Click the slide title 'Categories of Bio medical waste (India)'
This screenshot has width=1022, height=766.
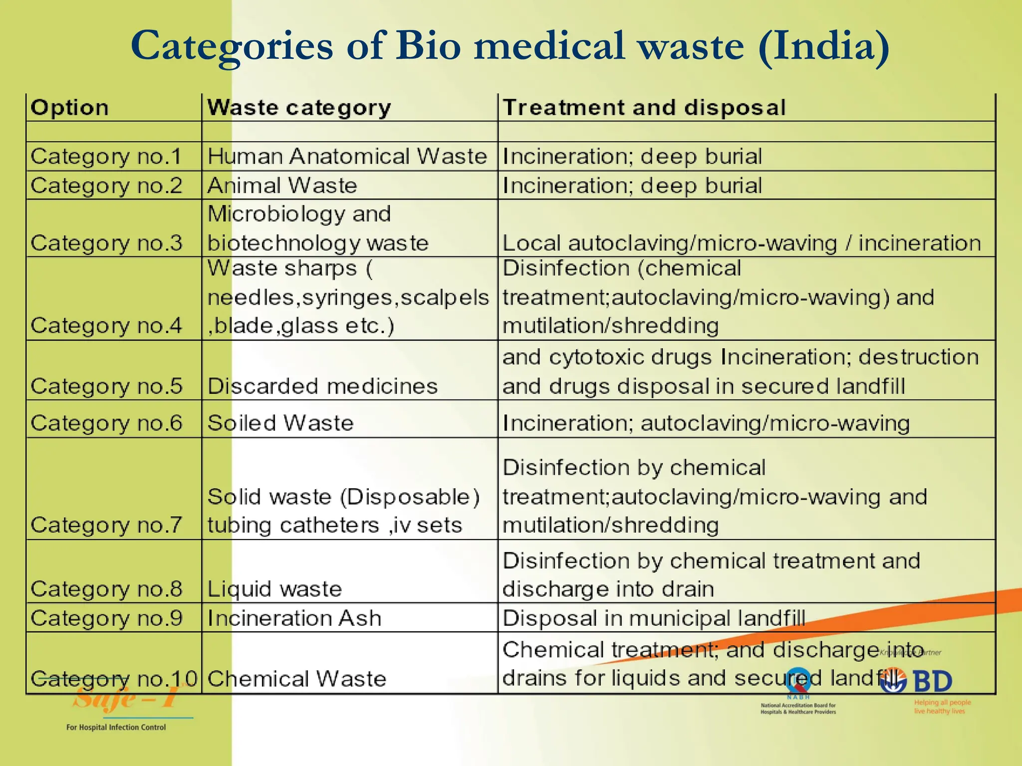[x=510, y=46]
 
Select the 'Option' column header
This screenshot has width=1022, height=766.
[x=70, y=108]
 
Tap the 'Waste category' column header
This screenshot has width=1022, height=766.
[x=299, y=108]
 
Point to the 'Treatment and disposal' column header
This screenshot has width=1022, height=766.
[x=644, y=108]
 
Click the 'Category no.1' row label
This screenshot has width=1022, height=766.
[x=106, y=157]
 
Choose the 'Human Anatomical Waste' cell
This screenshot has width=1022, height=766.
[x=347, y=157]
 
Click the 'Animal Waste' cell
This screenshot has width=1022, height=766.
[x=282, y=186]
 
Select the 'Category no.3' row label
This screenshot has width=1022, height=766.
[x=106, y=243]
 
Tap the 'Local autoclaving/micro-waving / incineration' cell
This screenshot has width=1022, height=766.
[x=742, y=243]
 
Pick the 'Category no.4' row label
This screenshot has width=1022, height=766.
[x=106, y=325]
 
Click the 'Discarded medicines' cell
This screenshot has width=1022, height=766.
[x=322, y=386]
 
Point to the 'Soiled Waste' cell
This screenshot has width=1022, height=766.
[x=280, y=423]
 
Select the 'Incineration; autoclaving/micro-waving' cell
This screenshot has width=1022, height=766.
[x=706, y=423]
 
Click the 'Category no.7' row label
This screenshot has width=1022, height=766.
[x=106, y=525]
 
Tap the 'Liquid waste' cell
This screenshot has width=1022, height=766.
[x=274, y=589]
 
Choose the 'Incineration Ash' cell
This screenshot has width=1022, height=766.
[x=294, y=618]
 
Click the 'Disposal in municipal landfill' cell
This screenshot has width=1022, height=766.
[x=654, y=618]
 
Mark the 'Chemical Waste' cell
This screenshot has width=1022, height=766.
[x=297, y=679]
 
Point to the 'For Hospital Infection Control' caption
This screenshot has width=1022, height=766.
[x=116, y=727]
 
